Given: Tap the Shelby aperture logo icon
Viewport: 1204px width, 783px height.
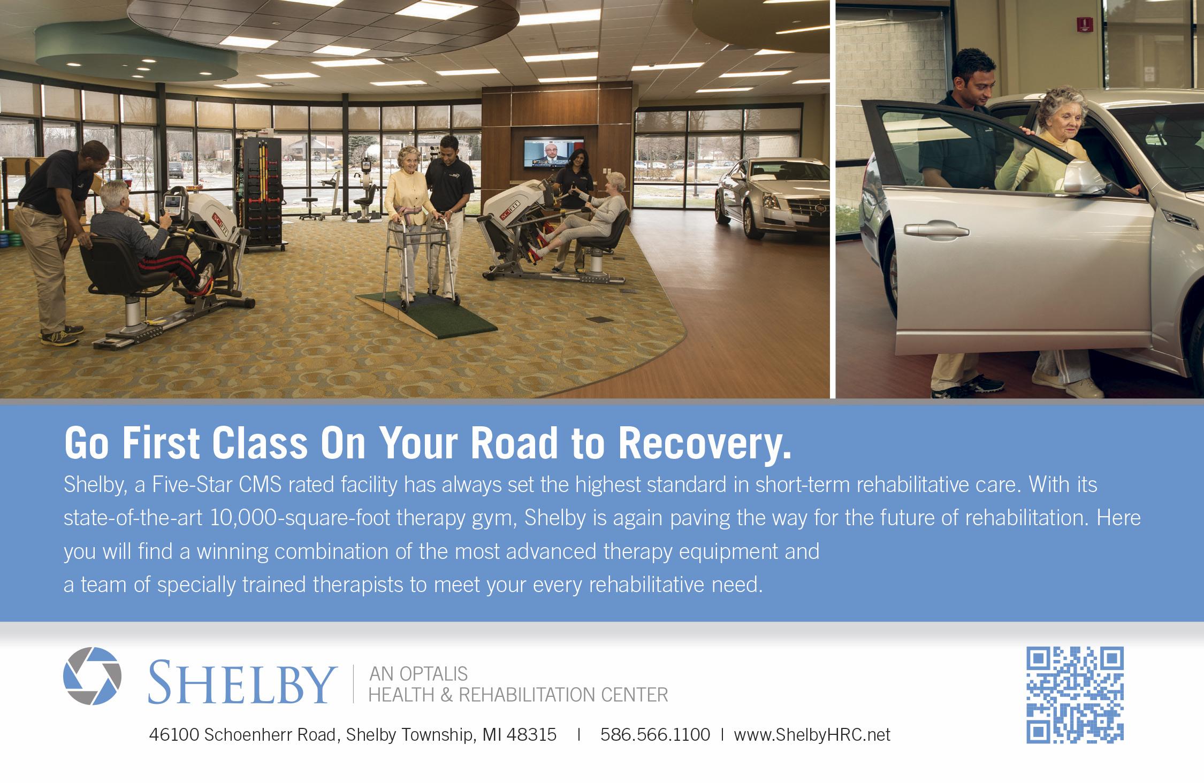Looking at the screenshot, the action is pyautogui.click(x=92, y=675).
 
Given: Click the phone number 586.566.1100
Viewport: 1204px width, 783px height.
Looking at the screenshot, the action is pyautogui.click(x=655, y=735).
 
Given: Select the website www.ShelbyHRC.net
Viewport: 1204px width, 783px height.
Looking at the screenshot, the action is pyautogui.click(x=812, y=735).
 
